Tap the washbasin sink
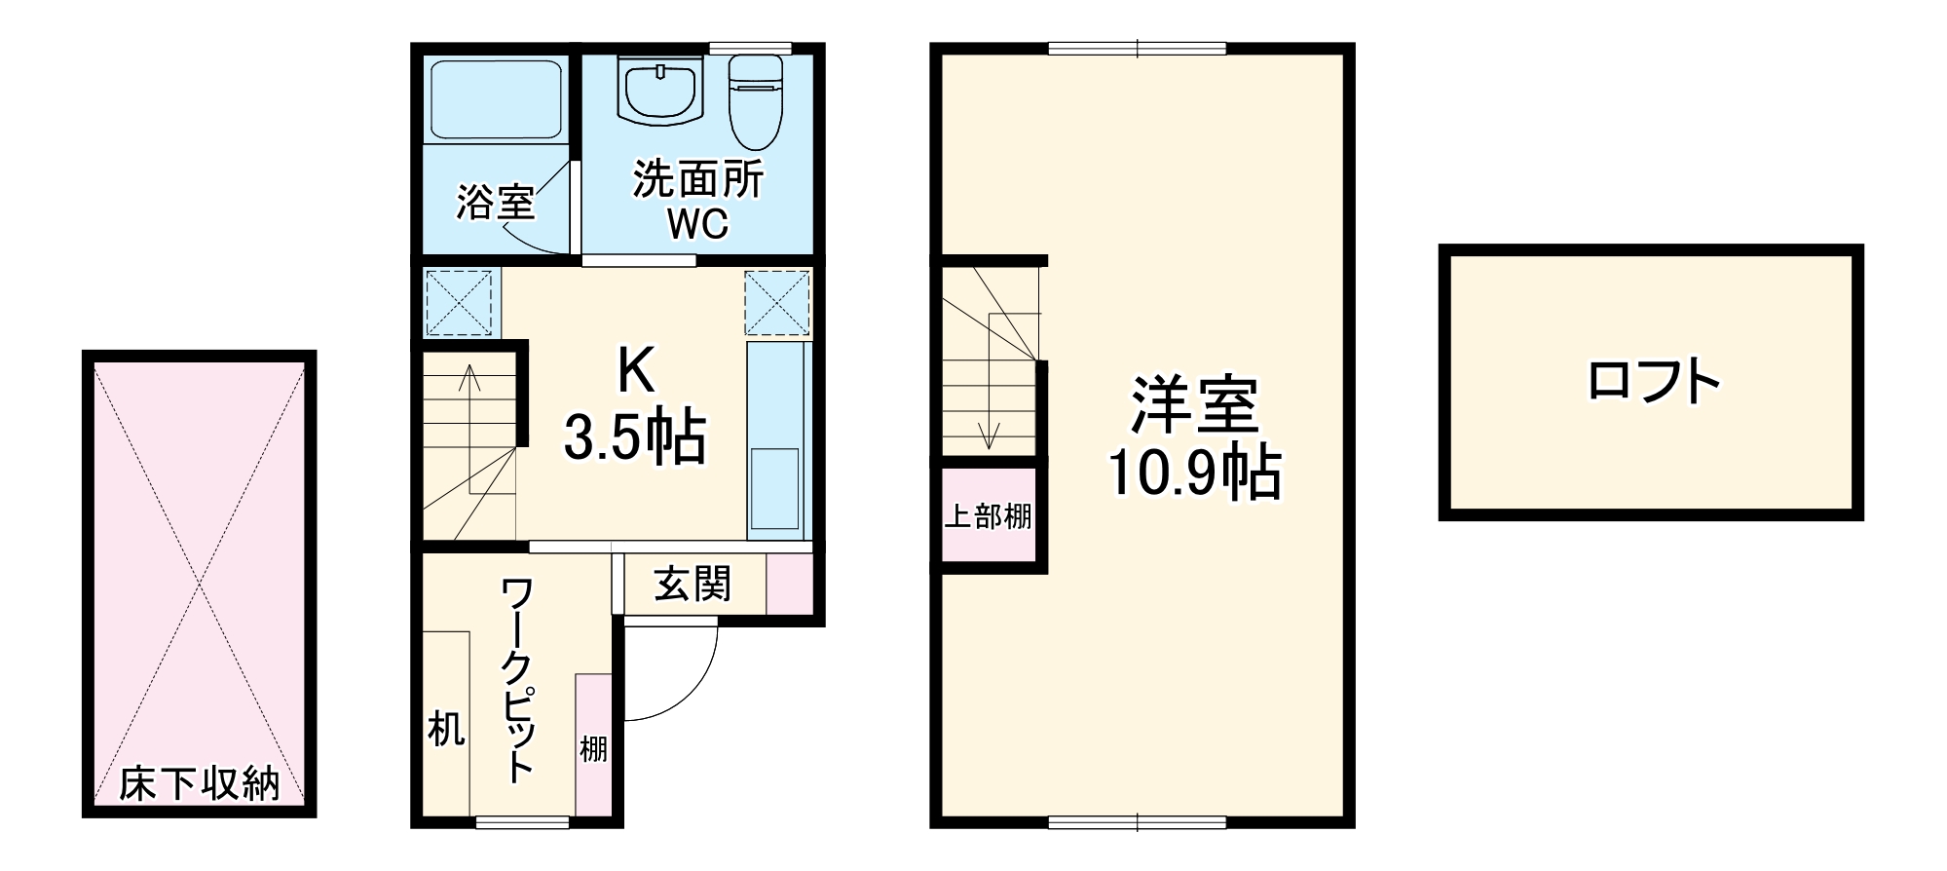[661, 90]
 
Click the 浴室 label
[496, 203]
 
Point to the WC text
[697, 225]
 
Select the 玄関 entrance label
[693, 585]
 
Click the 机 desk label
[446, 728]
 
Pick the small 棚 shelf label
[593, 748]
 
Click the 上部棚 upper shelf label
[989, 516]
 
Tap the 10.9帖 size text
[1194, 473]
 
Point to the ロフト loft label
[1652, 382]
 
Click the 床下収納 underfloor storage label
[200, 782]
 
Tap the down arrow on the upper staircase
[990, 438]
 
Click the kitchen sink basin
[775, 488]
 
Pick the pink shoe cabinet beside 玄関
[789, 585]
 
